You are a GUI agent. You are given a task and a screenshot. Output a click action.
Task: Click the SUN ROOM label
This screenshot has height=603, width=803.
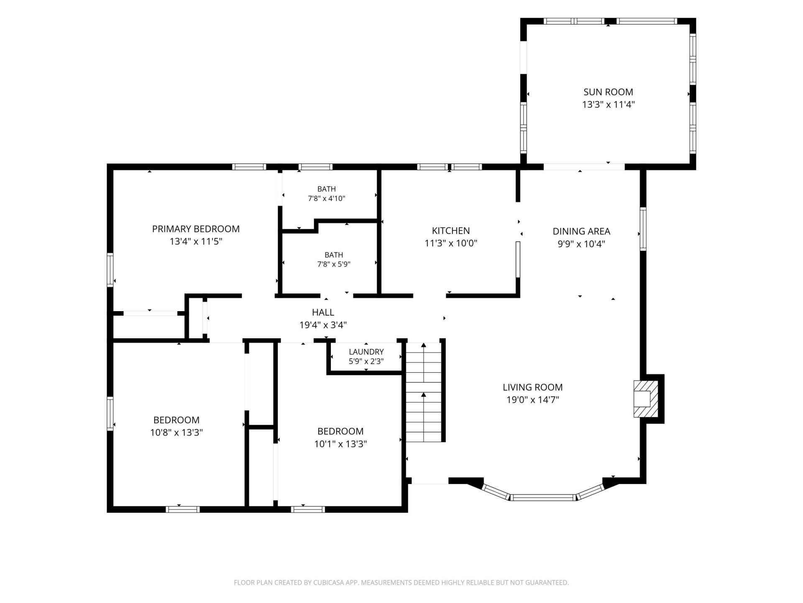pyautogui.click(x=608, y=92)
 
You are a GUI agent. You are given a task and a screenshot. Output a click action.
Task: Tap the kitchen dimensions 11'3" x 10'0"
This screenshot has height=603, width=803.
pyautogui.click(x=451, y=243)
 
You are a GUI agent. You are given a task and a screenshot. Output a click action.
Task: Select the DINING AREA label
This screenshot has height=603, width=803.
pyautogui.click(x=581, y=231)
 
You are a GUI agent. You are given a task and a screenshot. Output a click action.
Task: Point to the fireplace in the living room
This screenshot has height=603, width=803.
pyautogui.click(x=646, y=399)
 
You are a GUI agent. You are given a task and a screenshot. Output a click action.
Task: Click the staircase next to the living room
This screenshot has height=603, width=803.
pyautogui.click(x=424, y=392)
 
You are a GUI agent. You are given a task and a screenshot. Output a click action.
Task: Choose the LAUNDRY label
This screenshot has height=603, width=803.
pyautogui.click(x=366, y=352)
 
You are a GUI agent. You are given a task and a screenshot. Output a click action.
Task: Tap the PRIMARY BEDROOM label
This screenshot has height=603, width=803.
pyautogui.click(x=196, y=229)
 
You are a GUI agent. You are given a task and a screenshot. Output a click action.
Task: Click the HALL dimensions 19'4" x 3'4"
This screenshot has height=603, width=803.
pyautogui.click(x=323, y=325)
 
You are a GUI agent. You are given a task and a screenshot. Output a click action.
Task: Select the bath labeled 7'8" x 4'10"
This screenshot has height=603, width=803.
pyautogui.click(x=330, y=193)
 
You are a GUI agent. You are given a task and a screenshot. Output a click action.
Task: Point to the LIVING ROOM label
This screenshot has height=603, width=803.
pyautogui.click(x=533, y=387)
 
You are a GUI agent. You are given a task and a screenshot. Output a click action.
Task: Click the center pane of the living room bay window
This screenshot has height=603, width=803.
pyautogui.click(x=543, y=497)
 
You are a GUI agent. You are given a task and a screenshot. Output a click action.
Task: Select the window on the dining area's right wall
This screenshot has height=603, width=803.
pyautogui.click(x=643, y=229)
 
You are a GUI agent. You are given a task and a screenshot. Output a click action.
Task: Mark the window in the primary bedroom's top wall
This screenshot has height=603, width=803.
pyautogui.click(x=249, y=167)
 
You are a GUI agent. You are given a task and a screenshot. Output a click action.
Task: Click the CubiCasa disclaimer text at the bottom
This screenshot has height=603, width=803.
pyautogui.click(x=401, y=582)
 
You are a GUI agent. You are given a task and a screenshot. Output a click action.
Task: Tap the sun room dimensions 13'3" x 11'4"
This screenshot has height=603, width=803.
pyautogui.click(x=609, y=105)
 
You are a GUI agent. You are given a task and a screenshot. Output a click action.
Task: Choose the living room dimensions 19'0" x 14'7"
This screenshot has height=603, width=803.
pyautogui.click(x=533, y=400)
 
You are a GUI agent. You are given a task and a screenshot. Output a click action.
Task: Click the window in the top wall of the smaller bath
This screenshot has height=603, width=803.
pyautogui.click(x=316, y=167)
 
